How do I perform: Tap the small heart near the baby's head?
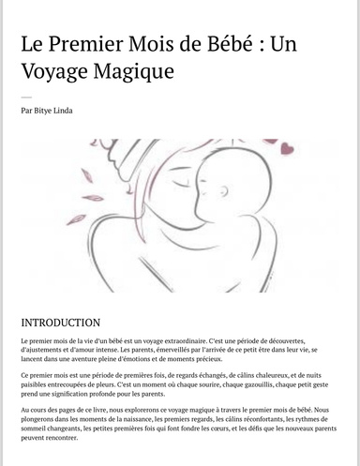coord(286,147)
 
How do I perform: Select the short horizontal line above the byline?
coord(25,97)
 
